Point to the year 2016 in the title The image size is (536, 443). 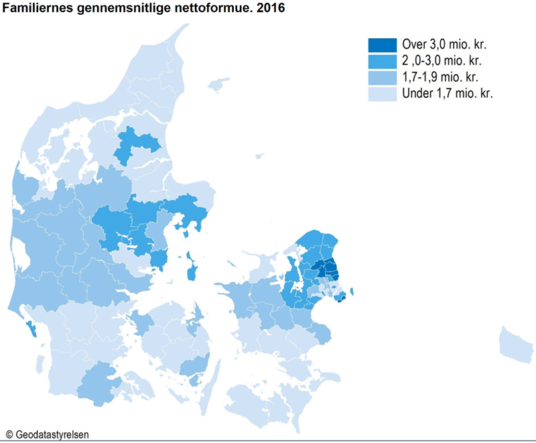click(x=264, y=9)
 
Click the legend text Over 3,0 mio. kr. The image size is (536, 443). click(x=444, y=45)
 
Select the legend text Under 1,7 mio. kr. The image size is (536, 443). click(x=447, y=93)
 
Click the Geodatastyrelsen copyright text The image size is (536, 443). click(x=47, y=434)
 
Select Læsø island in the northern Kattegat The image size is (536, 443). click(x=217, y=85)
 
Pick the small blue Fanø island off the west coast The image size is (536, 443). click(x=31, y=329)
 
